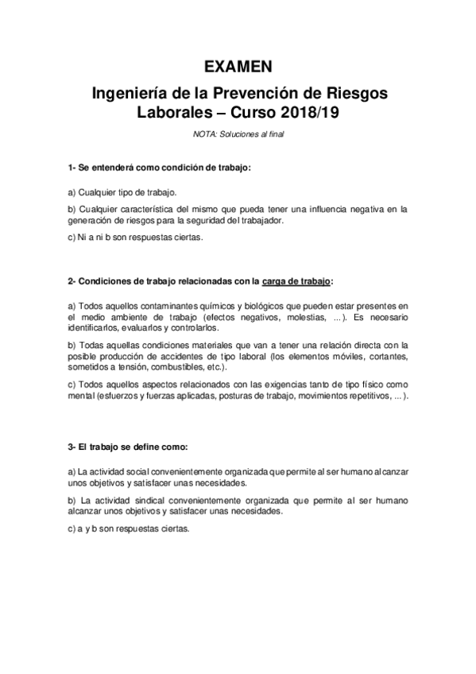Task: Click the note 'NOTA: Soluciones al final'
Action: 238,134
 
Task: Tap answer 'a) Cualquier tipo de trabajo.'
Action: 122,192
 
